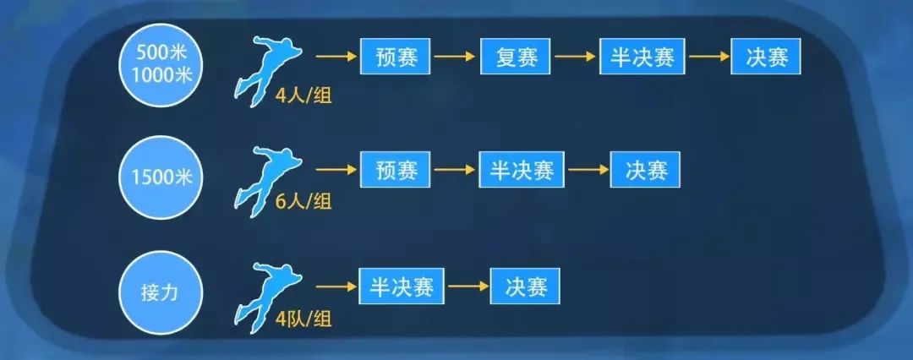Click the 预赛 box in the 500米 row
click(x=396, y=57)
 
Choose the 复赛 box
click(x=516, y=57)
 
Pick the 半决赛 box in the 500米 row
click(x=642, y=57)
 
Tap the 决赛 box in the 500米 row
click(x=766, y=57)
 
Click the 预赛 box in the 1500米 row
click(x=396, y=170)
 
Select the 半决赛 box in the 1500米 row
click(x=522, y=170)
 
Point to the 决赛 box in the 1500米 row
click(x=645, y=170)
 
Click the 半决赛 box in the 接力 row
click(x=402, y=286)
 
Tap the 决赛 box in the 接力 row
click(x=525, y=286)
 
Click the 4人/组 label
click(x=303, y=95)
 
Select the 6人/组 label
click(x=303, y=202)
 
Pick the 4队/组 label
click(x=303, y=319)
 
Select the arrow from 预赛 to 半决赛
click(x=455, y=170)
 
